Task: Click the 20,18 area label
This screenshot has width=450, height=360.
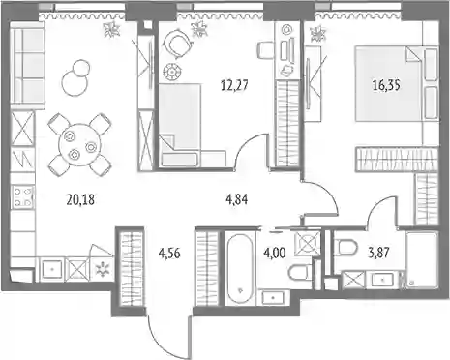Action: pos(80,200)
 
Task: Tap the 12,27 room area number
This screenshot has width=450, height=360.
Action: pos(234,85)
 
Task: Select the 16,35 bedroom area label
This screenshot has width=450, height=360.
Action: pos(386,85)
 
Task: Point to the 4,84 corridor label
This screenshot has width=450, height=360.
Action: pos(237,199)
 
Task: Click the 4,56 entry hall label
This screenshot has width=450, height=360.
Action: pos(169,254)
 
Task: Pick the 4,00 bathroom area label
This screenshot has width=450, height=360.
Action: pos(275,254)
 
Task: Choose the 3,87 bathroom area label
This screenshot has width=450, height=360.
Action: pos(378,253)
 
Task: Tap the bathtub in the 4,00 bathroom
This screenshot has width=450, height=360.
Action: pos(239,268)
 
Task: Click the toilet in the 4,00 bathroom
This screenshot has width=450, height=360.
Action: pos(300,274)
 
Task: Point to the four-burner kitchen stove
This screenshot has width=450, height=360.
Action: pos(23,196)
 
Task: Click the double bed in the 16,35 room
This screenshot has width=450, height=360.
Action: pos(396,84)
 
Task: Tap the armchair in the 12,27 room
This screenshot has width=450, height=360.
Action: pos(176,43)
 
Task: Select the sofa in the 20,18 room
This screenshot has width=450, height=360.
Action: pos(27,66)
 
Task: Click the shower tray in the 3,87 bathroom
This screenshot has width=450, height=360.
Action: pos(421,259)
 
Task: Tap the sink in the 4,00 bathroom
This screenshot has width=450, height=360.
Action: pos(273,297)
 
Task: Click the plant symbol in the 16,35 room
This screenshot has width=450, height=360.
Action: pos(318,34)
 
